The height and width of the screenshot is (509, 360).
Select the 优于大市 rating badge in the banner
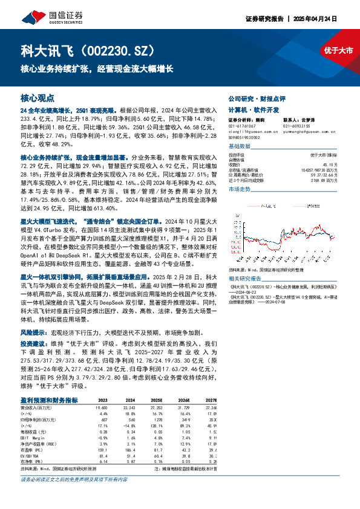(338, 51)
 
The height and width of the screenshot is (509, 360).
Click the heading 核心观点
(38, 97)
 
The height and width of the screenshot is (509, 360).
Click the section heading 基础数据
(239, 146)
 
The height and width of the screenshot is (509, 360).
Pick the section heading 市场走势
(239, 189)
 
